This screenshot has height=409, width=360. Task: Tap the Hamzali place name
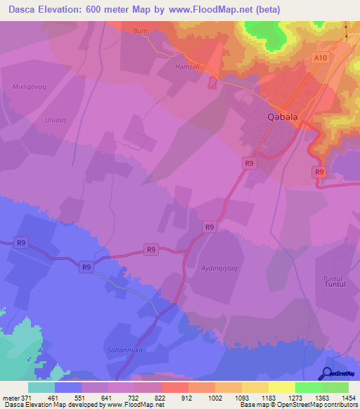[188, 67]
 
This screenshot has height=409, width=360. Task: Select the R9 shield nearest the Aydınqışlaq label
[209, 227]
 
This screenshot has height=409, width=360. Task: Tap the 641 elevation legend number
[106, 397]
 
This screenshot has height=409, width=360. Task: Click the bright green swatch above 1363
[308, 387]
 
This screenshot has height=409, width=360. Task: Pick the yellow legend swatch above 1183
[255, 387]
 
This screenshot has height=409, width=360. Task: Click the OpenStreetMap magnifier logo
[327, 374]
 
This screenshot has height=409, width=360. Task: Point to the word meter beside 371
[11, 397]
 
